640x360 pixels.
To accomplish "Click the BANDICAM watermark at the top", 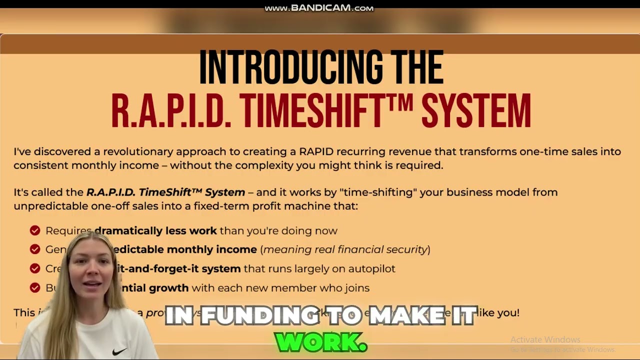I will tap(319, 8).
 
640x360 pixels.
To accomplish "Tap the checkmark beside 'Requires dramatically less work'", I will tap(35, 230).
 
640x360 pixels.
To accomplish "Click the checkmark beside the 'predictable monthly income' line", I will tap(35, 249).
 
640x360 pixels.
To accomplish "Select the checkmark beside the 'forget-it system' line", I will tap(35, 268).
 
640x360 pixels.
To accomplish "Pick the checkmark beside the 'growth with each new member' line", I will tap(35, 287).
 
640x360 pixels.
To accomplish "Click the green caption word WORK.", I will tap(320, 342).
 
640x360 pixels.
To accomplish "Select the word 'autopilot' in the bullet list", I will tap(371, 268).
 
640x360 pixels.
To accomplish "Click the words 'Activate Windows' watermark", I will tap(545, 340).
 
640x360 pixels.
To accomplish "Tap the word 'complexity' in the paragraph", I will tap(264, 165).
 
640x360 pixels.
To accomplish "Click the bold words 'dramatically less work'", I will tap(155, 230).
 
